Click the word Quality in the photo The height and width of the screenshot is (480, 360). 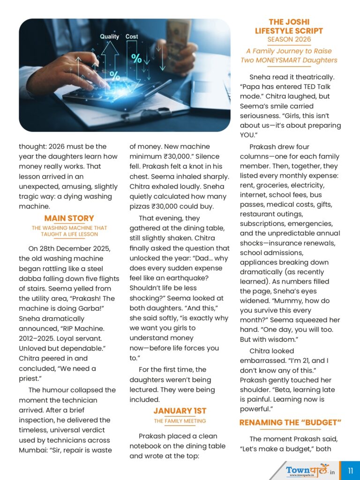[110, 36]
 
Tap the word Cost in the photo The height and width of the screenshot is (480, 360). [132, 36]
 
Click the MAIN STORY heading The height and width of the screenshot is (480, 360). [69, 218]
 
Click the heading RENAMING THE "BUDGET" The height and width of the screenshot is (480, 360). [290, 422]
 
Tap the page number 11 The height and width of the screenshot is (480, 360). [350, 470]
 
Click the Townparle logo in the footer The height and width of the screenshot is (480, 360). [307, 470]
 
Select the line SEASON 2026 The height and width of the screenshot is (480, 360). [289, 40]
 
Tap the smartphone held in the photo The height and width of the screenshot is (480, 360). [178, 33]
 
